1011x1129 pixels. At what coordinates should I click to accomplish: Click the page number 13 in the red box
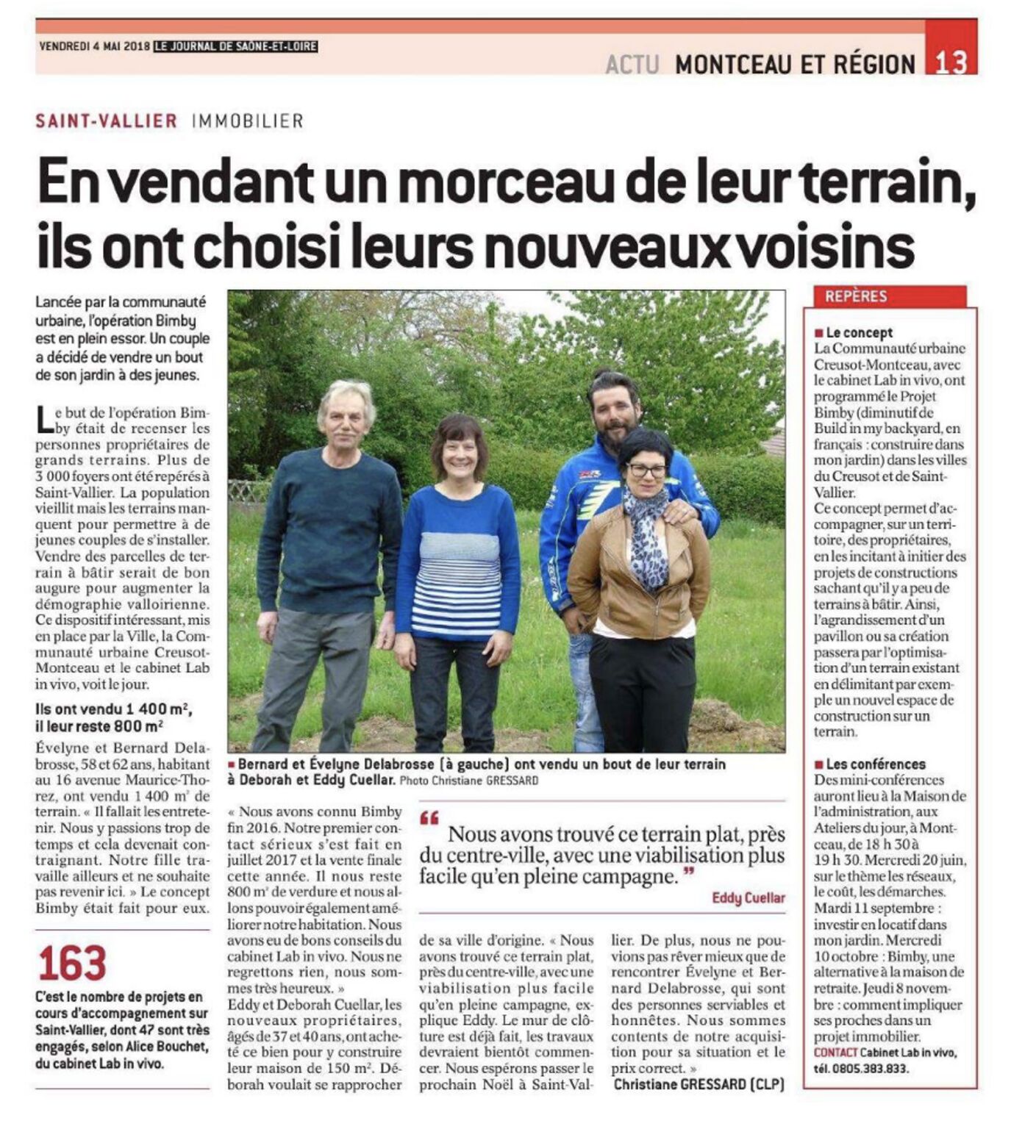(951, 62)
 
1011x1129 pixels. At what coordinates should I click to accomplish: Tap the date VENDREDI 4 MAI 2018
(94, 46)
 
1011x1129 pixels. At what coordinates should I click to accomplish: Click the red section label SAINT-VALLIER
(107, 121)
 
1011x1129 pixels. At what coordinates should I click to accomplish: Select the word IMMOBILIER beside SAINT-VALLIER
(247, 121)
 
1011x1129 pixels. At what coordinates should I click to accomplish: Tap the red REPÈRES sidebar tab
(857, 296)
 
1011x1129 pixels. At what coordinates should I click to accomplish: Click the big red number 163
(72, 964)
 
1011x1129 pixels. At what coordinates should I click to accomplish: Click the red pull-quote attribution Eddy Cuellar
(749, 897)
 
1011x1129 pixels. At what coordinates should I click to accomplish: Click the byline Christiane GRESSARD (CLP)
(699, 1084)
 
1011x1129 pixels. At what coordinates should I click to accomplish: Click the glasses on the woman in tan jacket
(647, 470)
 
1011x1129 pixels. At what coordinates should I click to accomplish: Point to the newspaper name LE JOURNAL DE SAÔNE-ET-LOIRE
(235, 46)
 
